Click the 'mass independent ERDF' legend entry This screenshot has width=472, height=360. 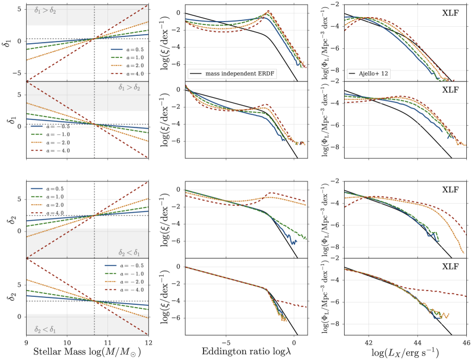[233, 74]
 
